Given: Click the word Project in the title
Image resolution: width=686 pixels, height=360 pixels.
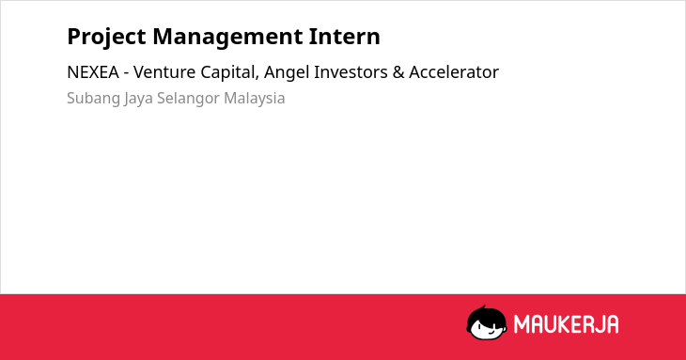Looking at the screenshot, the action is coord(106,38).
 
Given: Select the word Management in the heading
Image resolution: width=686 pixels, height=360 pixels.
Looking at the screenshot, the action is coord(227,38).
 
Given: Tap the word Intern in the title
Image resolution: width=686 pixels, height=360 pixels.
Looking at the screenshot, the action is coord(345,37).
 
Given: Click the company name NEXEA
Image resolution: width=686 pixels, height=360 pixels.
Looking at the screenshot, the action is coord(93,72).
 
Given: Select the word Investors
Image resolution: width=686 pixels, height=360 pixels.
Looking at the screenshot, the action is coord(351,72).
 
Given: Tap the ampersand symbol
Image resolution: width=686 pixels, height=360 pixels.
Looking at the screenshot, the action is coord(398,72).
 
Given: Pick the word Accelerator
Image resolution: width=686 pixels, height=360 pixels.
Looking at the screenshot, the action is coord(454,72).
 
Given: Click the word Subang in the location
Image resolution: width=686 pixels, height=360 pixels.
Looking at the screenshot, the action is coord(93,99).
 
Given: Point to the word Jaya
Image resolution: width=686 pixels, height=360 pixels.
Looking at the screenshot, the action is coord(139,99).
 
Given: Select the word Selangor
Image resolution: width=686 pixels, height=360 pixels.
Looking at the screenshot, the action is coord(188,99).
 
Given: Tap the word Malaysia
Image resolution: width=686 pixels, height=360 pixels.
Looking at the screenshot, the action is coord(254,99).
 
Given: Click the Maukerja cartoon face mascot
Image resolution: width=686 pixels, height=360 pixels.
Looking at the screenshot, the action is coord(487,322).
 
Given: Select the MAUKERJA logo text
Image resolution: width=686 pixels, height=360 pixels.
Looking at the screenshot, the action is coord(566,324).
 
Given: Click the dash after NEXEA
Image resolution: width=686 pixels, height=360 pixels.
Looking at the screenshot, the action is coord(126,73).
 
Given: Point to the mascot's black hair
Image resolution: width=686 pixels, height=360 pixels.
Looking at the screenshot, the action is coord(486,314).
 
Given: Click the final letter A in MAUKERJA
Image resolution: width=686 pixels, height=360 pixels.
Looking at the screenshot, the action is coord(612,324).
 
